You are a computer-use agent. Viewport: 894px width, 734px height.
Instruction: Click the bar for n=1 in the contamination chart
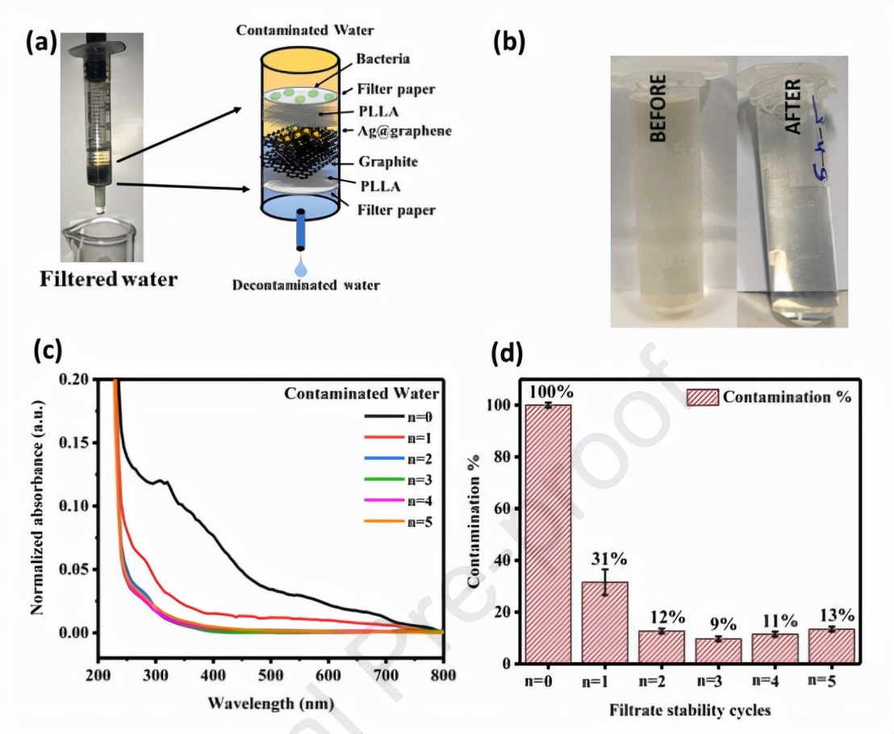[x=604, y=622]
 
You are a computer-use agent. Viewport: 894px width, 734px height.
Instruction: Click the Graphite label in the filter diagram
[x=389, y=161]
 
